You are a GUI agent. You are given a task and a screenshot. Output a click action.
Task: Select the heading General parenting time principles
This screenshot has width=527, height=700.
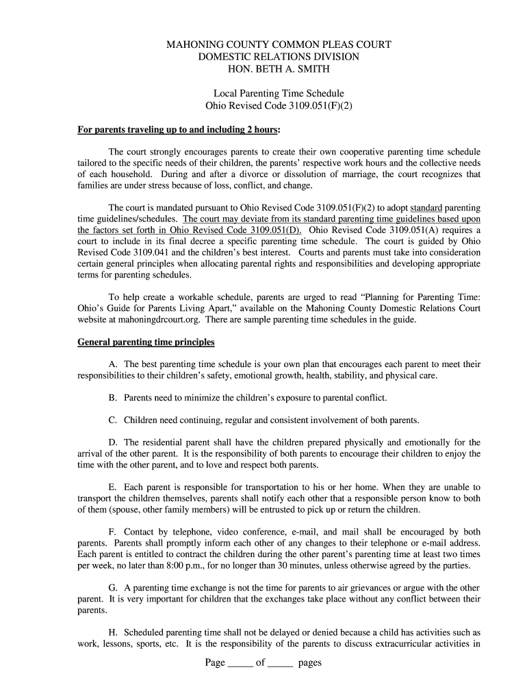(146, 342)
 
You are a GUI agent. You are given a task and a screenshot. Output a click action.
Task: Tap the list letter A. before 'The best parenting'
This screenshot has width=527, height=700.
(114, 364)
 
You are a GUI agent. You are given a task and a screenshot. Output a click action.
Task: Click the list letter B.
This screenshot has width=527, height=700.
(113, 397)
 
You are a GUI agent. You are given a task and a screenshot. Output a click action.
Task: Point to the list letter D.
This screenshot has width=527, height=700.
(114, 442)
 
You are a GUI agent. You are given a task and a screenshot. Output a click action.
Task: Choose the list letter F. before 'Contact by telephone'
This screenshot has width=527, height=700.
(113, 532)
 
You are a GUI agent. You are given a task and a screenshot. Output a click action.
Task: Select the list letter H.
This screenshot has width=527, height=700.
(114, 632)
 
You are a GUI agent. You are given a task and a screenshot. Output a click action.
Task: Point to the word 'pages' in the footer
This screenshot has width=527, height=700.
(310, 663)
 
